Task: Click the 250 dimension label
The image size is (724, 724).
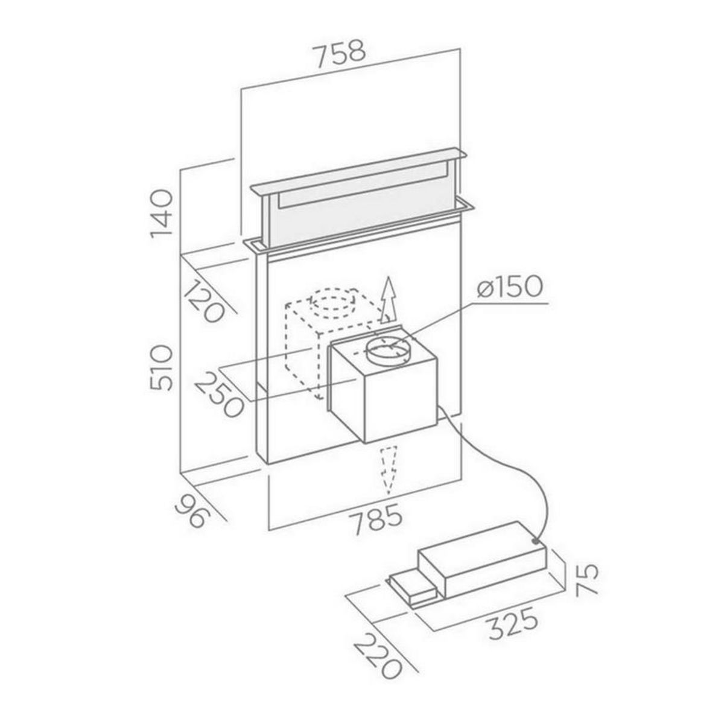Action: (218, 395)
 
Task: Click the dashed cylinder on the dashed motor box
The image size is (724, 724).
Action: (331, 305)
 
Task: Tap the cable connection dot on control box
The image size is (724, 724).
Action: (536, 542)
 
